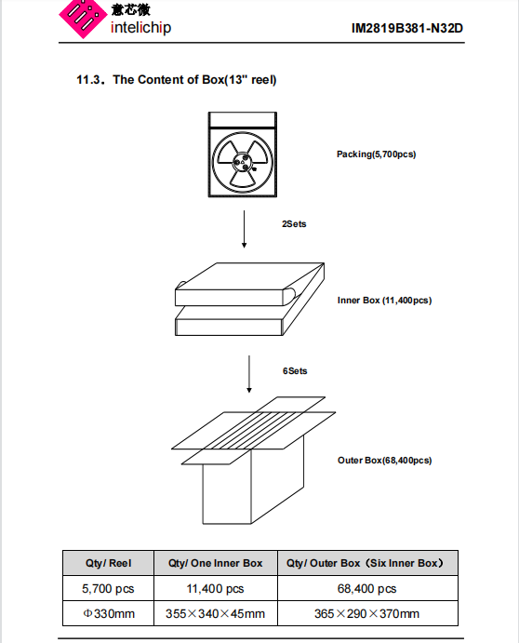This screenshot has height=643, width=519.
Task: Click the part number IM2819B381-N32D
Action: [407, 28]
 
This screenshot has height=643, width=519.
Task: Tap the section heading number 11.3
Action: [90, 79]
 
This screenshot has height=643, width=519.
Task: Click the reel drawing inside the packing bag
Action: [242, 163]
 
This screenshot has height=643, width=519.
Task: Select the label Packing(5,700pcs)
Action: [377, 154]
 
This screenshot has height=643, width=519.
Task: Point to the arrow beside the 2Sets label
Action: [245, 229]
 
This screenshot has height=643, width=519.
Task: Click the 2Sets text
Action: [294, 224]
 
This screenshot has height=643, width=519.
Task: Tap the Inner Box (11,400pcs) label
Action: [384, 301]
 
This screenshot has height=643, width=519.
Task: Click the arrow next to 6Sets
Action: [249, 374]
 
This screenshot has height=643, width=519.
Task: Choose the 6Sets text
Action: [295, 371]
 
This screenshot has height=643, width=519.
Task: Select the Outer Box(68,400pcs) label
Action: [384, 460]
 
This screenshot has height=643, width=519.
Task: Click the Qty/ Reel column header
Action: [108, 563]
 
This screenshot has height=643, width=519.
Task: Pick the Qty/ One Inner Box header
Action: [216, 563]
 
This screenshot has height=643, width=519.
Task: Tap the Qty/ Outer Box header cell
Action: [367, 563]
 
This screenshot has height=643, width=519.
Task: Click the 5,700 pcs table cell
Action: [108, 588]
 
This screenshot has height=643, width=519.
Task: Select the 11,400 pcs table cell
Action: [216, 588]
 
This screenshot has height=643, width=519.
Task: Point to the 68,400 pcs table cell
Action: [367, 588]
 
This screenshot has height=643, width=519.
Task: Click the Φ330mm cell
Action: [108, 613]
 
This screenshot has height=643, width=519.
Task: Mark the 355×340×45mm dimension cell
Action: [216, 613]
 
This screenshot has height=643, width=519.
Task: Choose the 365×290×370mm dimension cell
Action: [367, 613]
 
